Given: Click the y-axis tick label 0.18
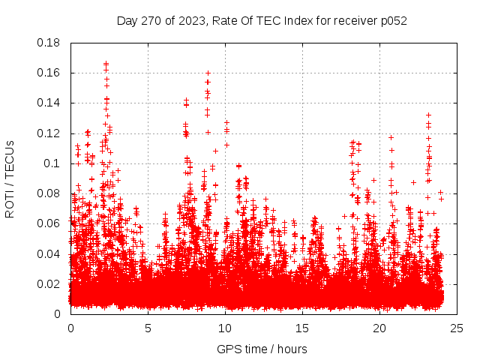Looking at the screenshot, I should (50, 43).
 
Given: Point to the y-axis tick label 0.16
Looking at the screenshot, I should (50, 73).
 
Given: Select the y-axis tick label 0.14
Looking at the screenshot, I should (50, 103).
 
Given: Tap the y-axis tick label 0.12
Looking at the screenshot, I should (50, 133).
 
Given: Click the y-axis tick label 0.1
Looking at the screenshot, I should (53, 163).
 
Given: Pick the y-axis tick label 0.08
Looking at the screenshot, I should (50, 193).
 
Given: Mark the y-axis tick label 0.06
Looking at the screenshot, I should (50, 223).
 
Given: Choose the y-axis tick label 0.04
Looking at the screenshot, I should (50, 253).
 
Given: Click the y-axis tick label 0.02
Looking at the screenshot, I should (50, 283).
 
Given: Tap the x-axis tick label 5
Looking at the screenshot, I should (148, 328).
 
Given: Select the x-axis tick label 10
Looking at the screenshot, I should (225, 328).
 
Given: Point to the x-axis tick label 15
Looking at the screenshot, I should (302, 328).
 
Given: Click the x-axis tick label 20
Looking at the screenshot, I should (379, 328).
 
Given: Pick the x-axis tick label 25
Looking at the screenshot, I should (457, 328).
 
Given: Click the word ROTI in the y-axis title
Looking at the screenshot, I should (10, 202).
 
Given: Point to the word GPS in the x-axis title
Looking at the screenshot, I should (227, 349).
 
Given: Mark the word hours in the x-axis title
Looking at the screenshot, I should (291, 349).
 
